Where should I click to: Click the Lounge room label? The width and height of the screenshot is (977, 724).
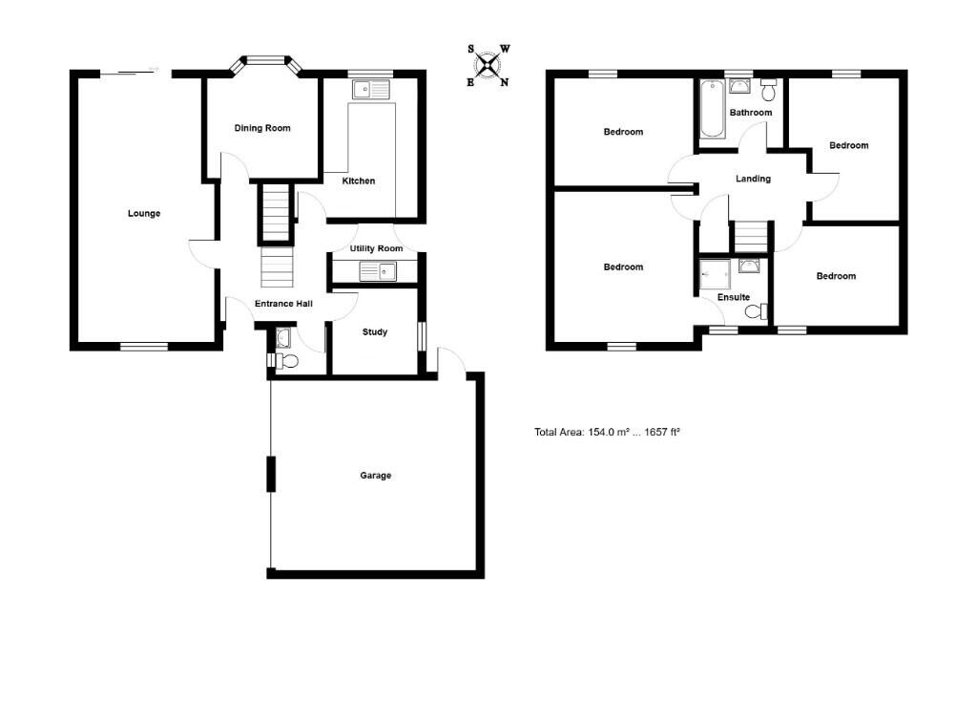pos(144,213)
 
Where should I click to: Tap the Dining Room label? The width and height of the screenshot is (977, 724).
pos(262,128)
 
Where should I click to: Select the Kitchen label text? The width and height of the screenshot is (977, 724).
pos(359,181)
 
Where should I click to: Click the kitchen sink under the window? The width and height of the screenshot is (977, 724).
pos(371,90)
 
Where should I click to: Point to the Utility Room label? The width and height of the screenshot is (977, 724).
pos(376,248)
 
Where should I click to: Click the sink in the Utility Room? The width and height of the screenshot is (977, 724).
pos(378,272)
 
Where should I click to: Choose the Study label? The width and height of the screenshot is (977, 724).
pos(375,332)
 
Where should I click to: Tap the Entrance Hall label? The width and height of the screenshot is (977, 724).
pos(283,304)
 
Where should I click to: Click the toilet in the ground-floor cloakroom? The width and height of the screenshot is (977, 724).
pos(287,360)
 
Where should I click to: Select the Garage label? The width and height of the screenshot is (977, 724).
pos(375,475)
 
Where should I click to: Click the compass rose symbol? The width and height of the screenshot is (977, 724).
pos(488,65)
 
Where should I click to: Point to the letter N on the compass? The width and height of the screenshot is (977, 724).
pos(505,82)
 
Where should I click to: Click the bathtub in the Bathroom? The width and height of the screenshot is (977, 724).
pos(713,109)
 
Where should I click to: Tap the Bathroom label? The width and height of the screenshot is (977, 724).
pos(751,113)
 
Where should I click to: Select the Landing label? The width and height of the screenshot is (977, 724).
pos(753,179)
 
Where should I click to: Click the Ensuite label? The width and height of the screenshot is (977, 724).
pos(734,297)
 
